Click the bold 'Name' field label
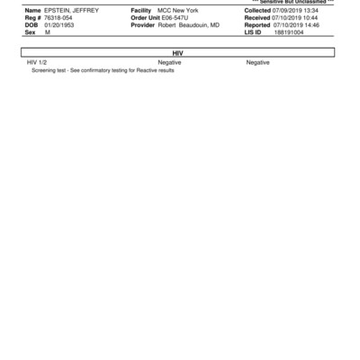coord(32,10)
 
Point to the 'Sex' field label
coord(31,31)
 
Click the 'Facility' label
coord(142,10)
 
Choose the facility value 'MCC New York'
coord(177,10)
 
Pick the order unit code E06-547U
coord(175,17)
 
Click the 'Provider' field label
coord(144,24)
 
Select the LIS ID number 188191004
coord(289,31)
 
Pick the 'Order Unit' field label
coord(145,17)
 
